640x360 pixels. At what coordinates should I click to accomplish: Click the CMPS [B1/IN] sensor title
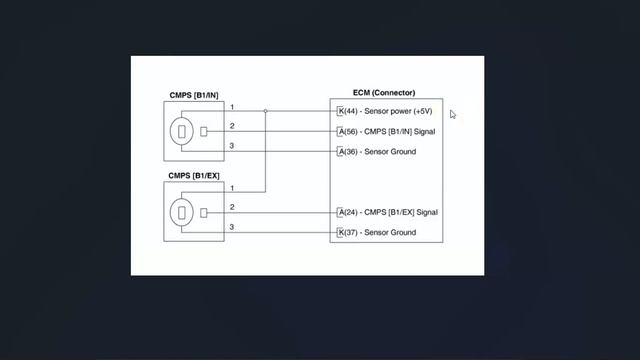coord(194,95)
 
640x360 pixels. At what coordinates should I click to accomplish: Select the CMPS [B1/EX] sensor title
coord(194,176)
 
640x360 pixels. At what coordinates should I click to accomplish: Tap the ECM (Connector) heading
coord(384,93)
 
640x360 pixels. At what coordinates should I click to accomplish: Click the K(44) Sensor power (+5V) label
coord(385,111)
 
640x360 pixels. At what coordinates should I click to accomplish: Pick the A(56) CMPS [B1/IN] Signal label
coord(387,131)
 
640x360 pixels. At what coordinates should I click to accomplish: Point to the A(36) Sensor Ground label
coord(378,151)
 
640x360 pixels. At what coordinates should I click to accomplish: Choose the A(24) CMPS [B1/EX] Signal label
coord(388,212)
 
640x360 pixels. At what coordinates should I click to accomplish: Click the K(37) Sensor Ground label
coord(378,232)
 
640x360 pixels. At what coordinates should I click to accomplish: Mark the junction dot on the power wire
coord(265,111)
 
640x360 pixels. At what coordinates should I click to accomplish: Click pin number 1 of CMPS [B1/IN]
coord(232,107)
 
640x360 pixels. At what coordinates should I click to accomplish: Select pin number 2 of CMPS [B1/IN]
coord(232,126)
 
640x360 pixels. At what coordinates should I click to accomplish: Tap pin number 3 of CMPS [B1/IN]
coord(232,146)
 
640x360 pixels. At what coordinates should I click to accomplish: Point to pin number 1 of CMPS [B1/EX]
coord(232,188)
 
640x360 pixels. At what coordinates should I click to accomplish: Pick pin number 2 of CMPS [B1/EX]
coord(232,207)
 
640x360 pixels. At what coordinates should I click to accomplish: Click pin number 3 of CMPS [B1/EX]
coord(232,227)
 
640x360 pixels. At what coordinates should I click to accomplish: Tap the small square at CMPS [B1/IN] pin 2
coord(204,131)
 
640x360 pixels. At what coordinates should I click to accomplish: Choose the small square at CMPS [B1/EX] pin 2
coord(204,213)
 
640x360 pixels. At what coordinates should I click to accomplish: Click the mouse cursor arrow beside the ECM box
coord(453,115)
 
